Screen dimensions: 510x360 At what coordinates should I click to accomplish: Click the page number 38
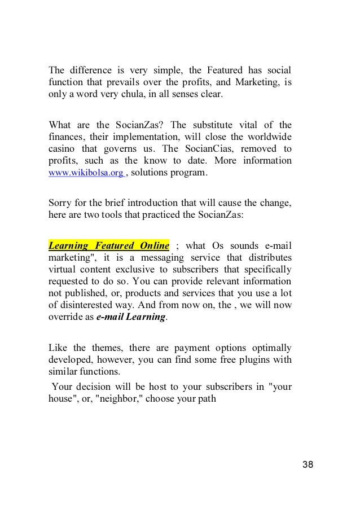pyautogui.click(x=307, y=465)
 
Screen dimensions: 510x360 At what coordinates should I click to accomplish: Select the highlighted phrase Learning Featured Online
pyautogui.click(x=109, y=246)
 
